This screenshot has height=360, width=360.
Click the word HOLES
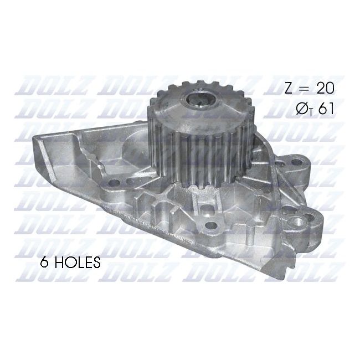[77, 263]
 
